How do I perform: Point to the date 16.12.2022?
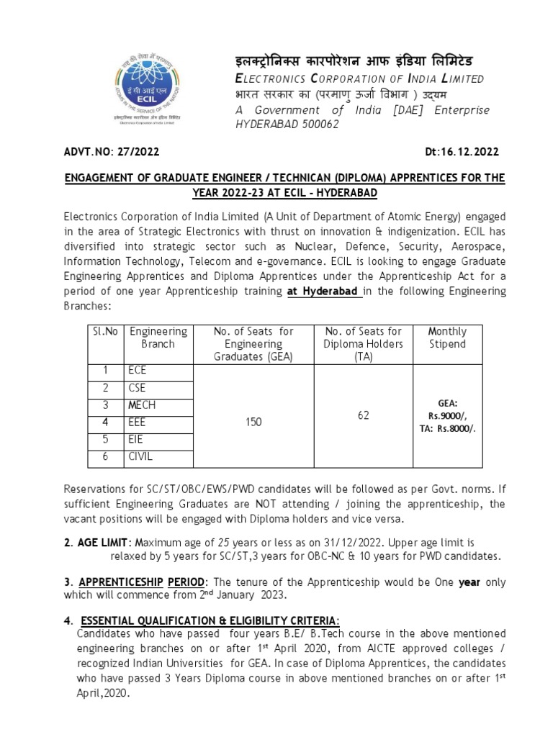[467, 153]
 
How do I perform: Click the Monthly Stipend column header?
[447, 338]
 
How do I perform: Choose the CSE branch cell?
[138, 388]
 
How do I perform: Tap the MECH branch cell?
[142, 405]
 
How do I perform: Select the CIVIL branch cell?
[140, 456]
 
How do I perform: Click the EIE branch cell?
[137, 439]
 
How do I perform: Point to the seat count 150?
[253, 423]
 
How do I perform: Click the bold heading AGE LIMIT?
[104, 542]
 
